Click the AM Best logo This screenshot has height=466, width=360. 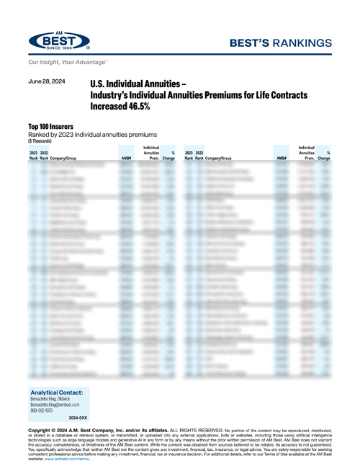pyautogui.click(x=59, y=42)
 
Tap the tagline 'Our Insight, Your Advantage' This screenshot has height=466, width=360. pyautogui.click(x=63, y=63)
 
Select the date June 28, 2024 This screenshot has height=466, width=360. pyautogui.click(x=48, y=82)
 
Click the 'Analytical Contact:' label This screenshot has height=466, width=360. pyautogui.click(x=58, y=393)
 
